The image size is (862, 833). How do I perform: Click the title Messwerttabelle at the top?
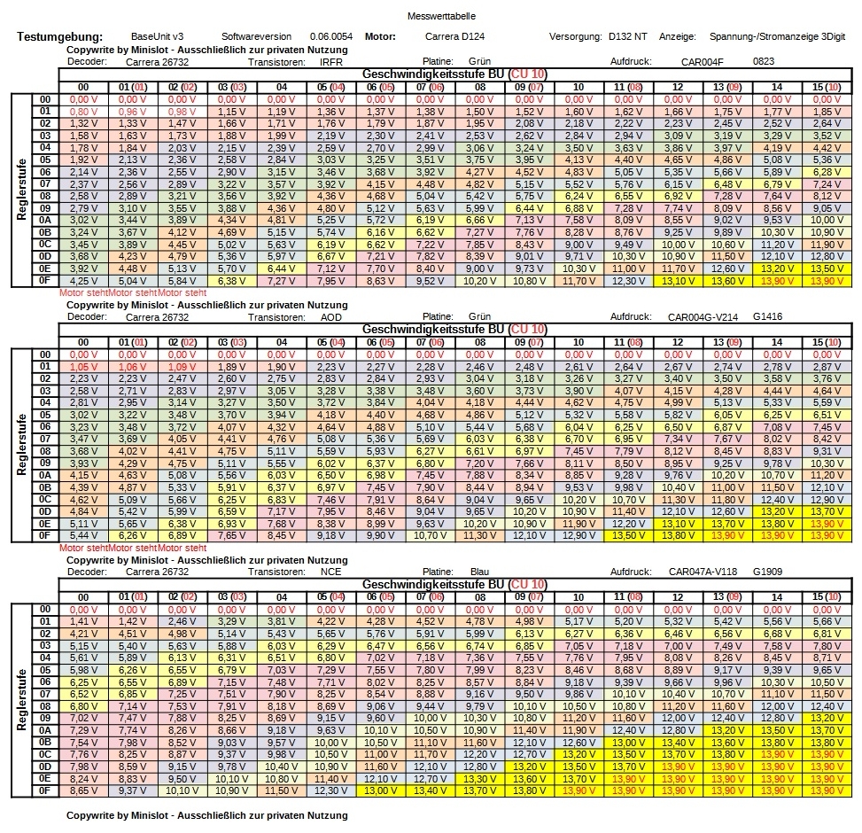431,17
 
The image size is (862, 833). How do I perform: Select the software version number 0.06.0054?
331,36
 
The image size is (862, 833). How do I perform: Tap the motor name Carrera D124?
454,36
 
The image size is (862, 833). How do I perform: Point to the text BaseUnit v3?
157,36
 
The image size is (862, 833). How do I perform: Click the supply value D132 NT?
628,36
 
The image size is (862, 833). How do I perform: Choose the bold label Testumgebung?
60,36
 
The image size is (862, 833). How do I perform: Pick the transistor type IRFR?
331,62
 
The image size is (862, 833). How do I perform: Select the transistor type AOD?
330,316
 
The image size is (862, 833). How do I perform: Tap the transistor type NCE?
330,572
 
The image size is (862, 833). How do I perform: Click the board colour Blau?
479,572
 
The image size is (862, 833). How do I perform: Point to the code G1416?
768,316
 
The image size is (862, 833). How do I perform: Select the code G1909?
768,572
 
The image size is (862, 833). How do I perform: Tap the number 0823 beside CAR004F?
764,62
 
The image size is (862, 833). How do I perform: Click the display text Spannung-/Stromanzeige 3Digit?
777,36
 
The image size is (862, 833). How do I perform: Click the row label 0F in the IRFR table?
45,279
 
